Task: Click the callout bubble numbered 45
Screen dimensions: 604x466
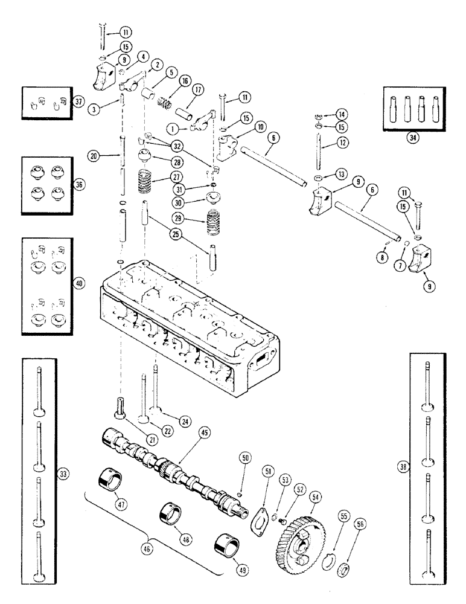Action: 204,432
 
